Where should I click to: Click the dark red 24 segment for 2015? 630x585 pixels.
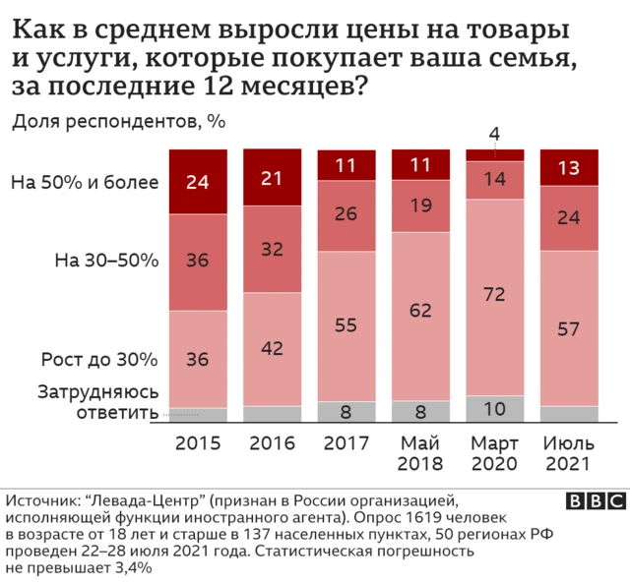[198, 182]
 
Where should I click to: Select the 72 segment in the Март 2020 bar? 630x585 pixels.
[494, 295]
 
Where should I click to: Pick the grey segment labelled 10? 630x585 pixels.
[494, 408]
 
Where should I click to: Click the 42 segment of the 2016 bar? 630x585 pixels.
[272, 348]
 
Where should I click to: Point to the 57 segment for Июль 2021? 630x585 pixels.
[569, 327]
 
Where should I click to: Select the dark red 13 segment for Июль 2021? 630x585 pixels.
[569, 167]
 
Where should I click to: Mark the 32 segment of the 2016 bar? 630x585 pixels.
[272, 249]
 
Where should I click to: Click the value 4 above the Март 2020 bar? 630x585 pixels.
[494, 134]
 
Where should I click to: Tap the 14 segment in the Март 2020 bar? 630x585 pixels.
[494, 179]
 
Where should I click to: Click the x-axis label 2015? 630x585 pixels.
[198, 443]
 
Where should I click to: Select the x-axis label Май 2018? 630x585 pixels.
[420, 452]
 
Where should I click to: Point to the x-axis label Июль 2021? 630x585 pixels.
[569, 452]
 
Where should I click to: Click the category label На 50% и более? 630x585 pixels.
[85, 182]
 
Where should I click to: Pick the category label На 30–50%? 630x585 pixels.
[105, 261]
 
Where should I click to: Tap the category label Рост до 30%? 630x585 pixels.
[98, 359]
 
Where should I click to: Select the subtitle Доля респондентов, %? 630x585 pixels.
[119, 122]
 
